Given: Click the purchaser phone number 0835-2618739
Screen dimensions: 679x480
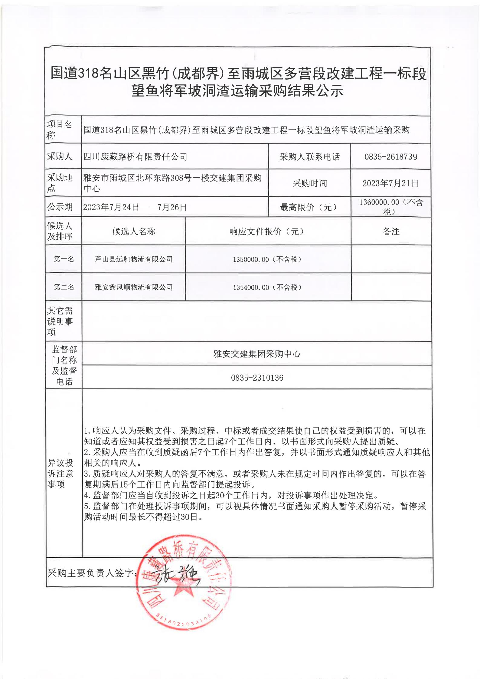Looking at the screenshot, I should pos(391,157).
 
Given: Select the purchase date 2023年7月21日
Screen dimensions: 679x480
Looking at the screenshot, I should pos(391,183).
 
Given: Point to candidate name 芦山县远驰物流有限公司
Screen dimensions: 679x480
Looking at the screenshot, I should pos(133,259).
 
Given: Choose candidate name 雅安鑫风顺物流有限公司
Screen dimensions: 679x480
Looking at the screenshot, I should pos(133,287).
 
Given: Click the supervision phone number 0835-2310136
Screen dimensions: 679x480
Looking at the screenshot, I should pos(257,378).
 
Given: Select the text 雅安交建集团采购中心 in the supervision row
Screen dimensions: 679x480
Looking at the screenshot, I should pos(257,354).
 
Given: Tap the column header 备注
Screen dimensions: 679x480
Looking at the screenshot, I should pos(391,232).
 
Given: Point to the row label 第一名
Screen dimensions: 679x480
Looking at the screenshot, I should pos(64,259).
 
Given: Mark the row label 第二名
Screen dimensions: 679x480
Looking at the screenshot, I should pos(64,287).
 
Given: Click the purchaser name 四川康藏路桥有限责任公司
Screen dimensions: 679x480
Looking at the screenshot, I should pos(135,157).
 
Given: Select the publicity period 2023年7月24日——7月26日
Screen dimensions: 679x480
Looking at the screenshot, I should pos(135,207).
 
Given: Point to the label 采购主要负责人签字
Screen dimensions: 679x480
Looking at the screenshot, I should pos(91,573).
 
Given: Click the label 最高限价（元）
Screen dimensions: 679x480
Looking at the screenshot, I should pos(308,207).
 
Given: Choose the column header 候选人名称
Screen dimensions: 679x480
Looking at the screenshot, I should pos(133,232).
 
